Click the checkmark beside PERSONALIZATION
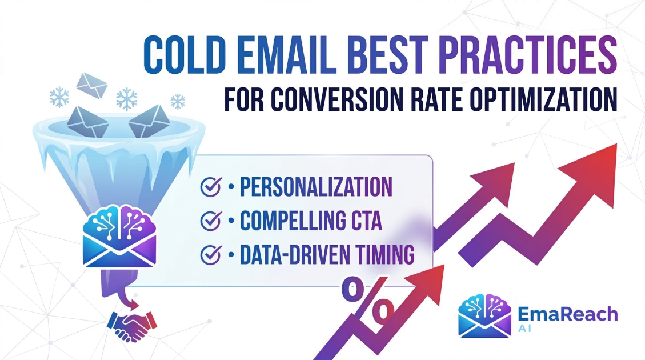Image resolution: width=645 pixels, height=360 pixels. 211,187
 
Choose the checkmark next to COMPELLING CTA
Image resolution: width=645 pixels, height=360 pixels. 211,221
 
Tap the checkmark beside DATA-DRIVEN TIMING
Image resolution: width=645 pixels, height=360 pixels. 211,254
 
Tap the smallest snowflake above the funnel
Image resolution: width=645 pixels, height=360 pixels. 178,101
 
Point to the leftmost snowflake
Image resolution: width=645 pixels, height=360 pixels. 59,97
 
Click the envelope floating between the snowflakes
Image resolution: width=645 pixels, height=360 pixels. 92,85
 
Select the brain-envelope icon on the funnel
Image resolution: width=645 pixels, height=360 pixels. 119,236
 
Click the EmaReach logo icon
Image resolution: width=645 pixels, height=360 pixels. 485,315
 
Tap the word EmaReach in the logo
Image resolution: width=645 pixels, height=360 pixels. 568,314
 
